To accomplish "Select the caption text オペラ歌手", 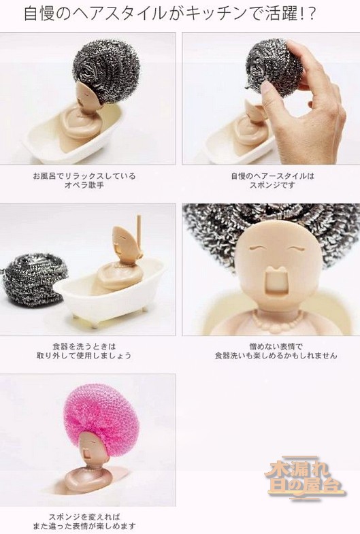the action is tap(84, 185).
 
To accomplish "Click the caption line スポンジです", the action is tap(272, 185).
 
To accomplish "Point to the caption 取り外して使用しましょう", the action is tap(84, 356).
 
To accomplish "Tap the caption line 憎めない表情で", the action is tap(276, 347).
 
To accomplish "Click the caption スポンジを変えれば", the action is tap(84, 517).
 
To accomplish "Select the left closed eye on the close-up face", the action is tap(257, 248).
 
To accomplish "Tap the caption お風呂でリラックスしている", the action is tap(84, 176).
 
